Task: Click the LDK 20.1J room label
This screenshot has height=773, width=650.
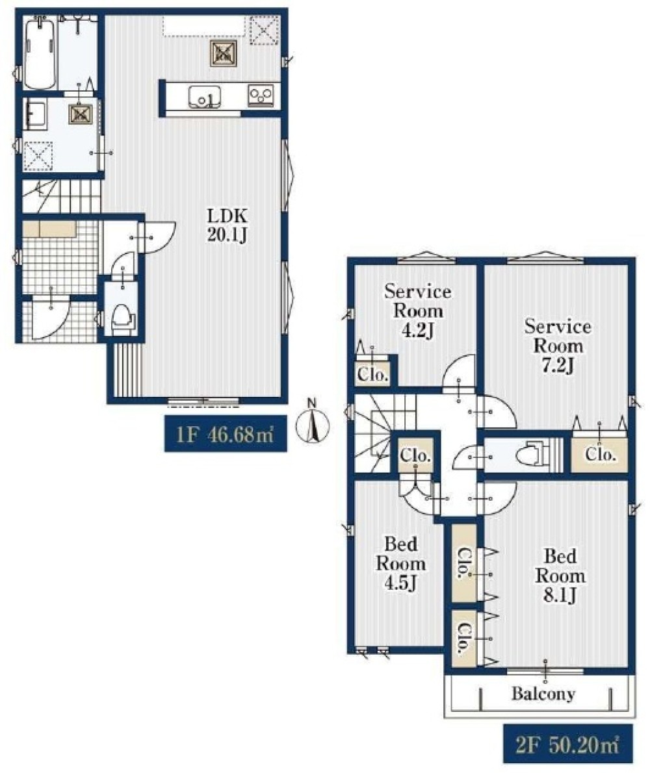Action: [227, 225]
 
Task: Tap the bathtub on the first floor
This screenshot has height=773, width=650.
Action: [40, 53]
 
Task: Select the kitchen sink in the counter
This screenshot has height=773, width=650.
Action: [204, 97]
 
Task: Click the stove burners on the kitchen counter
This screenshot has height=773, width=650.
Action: [261, 95]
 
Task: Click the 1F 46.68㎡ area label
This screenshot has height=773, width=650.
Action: [226, 435]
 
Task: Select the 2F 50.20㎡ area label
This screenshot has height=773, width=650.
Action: [567, 743]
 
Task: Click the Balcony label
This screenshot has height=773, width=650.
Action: [543, 694]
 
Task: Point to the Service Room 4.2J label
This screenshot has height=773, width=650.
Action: [417, 311]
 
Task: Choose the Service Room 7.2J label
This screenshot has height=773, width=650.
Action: [557, 346]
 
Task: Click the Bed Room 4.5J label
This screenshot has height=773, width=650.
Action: [401, 563]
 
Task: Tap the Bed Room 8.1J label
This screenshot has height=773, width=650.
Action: [560, 576]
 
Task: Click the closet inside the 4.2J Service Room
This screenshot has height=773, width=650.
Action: [373, 374]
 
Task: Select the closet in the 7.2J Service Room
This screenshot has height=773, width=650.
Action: [600, 453]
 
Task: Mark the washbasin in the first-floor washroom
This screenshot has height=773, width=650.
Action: [34, 115]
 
